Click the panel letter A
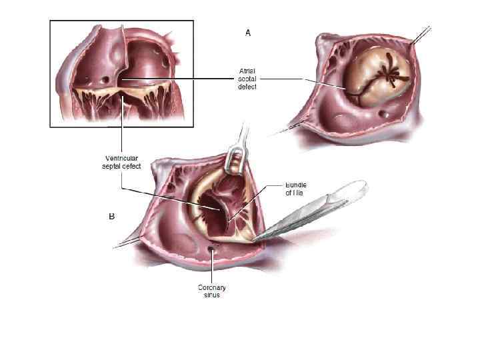coord(248,32)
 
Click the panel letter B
coord(111,216)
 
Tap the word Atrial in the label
coord(247,69)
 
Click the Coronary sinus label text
coord(212,291)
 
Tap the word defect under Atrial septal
coord(247,87)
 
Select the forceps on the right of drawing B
coord(320,210)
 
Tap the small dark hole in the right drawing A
coord(383,115)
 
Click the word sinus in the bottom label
coord(212,295)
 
